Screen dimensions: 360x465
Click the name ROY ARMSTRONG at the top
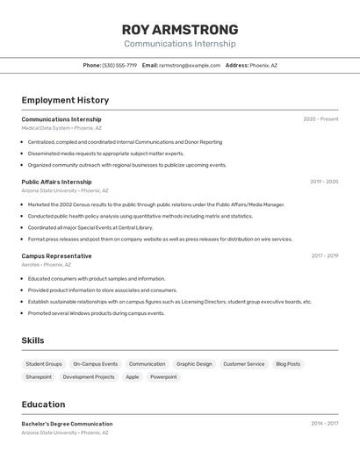point(179,29)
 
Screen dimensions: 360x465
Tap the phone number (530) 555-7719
point(119,65)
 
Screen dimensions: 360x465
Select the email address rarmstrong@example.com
point(190,65)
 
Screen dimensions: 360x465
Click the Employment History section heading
point(65,100)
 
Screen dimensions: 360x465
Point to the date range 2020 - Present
point(320,119)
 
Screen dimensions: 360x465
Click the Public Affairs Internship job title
point(56,182)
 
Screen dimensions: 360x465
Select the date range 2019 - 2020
point(324,182)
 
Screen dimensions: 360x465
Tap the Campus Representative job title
point(56,256)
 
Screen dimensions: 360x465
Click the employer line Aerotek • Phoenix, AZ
point(47,264)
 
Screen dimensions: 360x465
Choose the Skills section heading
point(32,340)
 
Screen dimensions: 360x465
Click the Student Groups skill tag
point(44,364)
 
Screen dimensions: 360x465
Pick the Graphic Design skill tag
point(194,364)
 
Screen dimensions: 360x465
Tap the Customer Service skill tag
point(243,364)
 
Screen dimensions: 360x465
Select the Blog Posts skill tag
point(288,364)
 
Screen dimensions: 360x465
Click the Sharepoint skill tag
point(39,377)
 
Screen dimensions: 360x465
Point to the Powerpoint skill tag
point(163,377)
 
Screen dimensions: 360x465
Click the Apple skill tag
point(133,377)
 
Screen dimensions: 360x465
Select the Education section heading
point(43,404)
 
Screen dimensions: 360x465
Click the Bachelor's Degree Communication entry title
point(67,424)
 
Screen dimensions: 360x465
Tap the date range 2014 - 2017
point(324,424)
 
